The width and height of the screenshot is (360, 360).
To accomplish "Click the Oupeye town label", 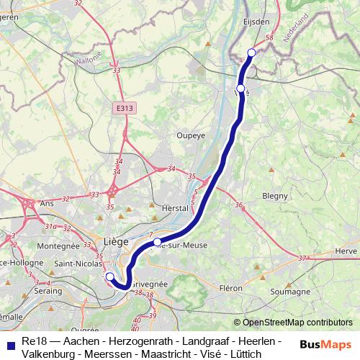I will point(191,135).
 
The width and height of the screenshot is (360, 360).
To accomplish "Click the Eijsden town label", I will point(257,22).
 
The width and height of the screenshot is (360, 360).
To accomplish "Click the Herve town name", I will point(346,251).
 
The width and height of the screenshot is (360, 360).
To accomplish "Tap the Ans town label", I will point(48,204).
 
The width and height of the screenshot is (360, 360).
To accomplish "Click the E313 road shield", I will point(124,108).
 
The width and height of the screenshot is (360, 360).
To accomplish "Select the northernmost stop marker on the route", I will point(251,52).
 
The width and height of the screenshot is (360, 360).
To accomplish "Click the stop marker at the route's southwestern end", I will point(109,276).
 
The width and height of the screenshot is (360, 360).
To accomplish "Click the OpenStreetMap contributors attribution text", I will point(293,323).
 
